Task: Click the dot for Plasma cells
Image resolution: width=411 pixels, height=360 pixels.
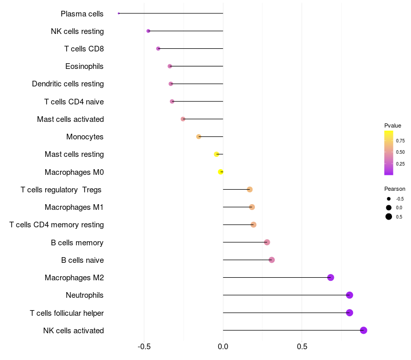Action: click(119, 13)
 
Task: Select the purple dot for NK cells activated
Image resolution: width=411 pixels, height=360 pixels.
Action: click(364, 330)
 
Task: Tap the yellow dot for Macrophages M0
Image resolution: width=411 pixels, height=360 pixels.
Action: click(221, 172)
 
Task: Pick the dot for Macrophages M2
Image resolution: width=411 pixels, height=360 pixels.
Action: click(331, 278)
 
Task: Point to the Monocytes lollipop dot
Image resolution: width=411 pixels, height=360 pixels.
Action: click(199, 137)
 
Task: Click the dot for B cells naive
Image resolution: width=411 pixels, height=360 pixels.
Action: click(272, 260)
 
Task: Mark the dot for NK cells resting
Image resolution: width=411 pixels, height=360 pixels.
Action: click(148, 31)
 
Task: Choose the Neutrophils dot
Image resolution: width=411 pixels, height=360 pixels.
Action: click(350, 295)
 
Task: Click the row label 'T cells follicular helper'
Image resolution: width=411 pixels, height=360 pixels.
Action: click(67, 313)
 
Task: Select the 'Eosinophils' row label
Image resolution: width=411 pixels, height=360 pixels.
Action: click(84, 66)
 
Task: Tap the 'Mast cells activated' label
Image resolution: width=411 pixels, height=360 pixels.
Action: click(70, 119)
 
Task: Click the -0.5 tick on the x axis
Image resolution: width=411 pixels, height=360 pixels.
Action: click(144, 347)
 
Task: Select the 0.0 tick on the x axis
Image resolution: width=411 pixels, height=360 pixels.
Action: click(223, 347)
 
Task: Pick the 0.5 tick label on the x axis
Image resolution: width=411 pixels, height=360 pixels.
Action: click(302, 347)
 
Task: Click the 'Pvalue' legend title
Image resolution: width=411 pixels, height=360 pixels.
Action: click(393, 125)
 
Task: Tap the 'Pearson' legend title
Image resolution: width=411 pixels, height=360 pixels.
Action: click(395, 189)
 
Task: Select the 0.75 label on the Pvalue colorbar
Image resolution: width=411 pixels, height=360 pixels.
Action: click(400, 140)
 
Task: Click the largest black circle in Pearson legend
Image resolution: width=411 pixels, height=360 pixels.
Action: click(389, 217)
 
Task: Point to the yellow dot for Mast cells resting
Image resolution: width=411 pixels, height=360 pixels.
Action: click(217, 154)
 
